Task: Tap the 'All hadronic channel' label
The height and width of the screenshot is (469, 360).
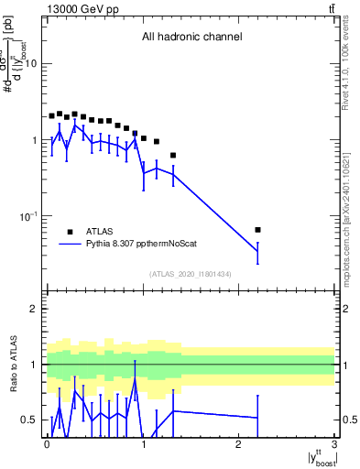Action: [x=191, y=38]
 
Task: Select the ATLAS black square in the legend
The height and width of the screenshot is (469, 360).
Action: [x=69, y=232]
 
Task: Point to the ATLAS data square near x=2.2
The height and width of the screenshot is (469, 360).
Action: [x=257, y=230]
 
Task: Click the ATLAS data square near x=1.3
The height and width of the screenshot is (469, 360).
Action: [x=173, y=155]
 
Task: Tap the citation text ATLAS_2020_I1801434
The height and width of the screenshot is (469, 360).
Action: [x=191, y=274]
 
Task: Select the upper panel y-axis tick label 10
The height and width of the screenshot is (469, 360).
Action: [x=31, y=63]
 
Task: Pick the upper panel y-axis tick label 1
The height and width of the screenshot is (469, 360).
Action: [x=36, y=140]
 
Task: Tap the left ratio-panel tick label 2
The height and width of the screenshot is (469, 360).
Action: [x=36, y=309]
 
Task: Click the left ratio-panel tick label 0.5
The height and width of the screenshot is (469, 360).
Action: [x=32, y=420]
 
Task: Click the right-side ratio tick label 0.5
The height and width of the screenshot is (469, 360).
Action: [x=347, y=420]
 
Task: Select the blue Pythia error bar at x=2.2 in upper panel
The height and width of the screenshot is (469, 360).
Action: [x=257, y=252]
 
